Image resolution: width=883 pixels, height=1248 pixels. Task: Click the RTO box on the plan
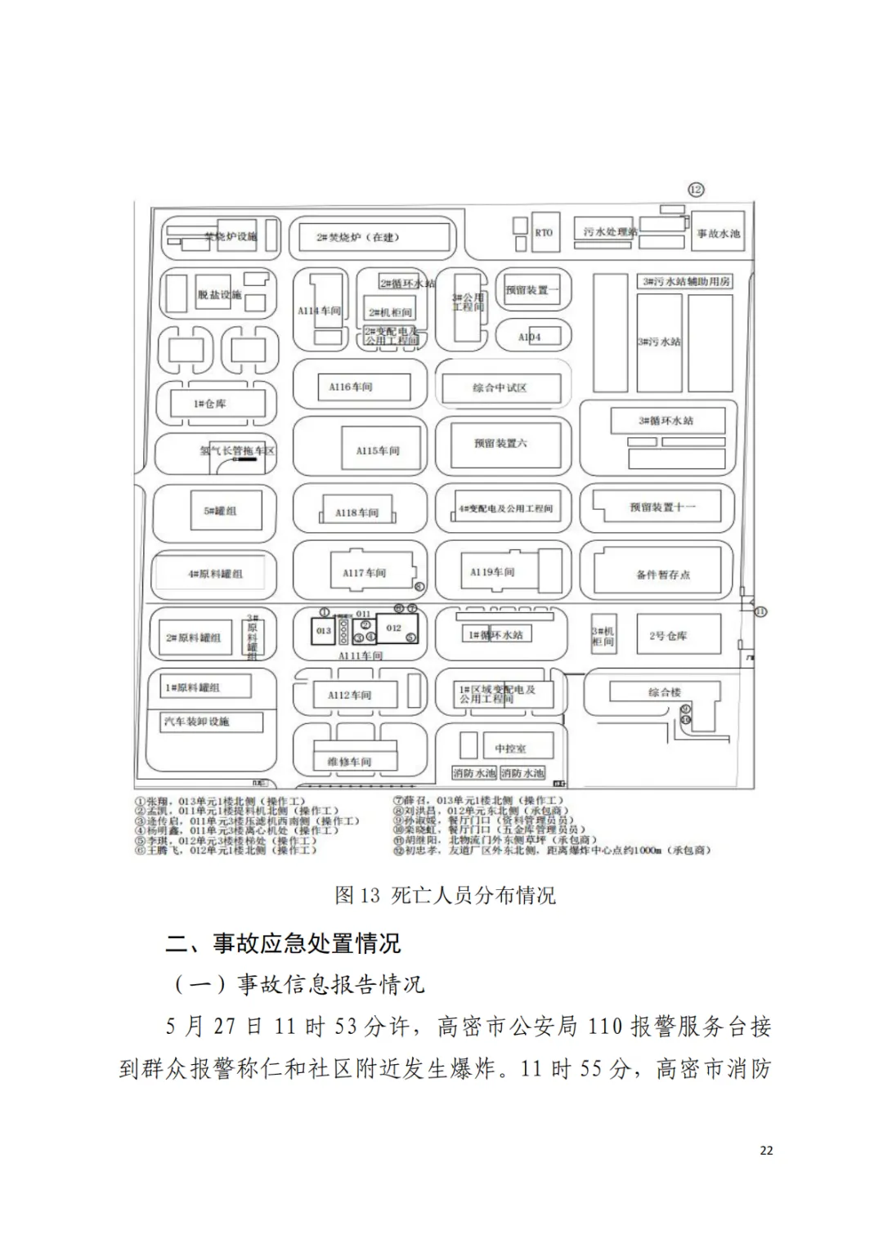(x=544, y=233)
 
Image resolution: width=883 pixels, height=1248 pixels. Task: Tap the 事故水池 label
(x=718, y=234)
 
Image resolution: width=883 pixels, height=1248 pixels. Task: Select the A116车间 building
(x=351, y=387)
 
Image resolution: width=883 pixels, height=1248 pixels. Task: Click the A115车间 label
(x=377, y=451)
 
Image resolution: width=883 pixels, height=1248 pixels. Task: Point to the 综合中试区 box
(x=500, y=388)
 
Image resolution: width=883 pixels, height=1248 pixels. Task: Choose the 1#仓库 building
(x=210, y=404)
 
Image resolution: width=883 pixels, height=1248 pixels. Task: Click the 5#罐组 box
(x=220, y=511)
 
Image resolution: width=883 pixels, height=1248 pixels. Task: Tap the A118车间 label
(x=357, y=513)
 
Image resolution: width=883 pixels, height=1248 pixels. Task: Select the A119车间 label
(x=492, y=572)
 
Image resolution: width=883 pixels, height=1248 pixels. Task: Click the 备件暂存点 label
(x=663, y=575)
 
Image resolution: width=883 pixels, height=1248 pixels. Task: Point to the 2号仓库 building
(x=668, y=635)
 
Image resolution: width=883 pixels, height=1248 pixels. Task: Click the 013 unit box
(x=324, y=631)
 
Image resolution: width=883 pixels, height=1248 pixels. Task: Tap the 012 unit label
(x=394, y=628)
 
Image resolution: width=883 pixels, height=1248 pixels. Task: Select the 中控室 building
(x=511, y=748)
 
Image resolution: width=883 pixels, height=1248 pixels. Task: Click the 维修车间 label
(x=349, y=762)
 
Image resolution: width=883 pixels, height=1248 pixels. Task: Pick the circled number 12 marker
(x=696, y=190)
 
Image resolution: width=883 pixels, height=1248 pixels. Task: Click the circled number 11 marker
(x=760, y=611)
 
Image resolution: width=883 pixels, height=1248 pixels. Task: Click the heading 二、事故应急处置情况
(x=283, y=943)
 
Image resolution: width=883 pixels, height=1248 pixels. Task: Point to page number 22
(x=766, y=1150)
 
